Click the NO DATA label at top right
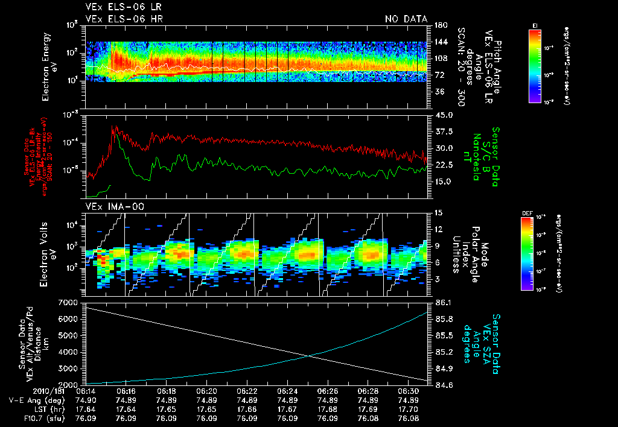click(406, 19)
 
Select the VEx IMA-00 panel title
click(108, 207)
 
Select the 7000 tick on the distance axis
click(71, 302)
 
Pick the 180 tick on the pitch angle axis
click(439, 25)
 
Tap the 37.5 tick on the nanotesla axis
click(443, 131)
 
